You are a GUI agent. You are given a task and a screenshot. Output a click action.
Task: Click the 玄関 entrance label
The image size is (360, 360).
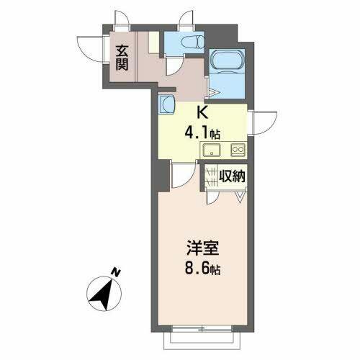coord(122,58)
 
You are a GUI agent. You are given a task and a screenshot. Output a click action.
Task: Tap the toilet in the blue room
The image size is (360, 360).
coord(192,42)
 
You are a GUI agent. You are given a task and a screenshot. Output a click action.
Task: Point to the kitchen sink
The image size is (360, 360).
coord(212,150)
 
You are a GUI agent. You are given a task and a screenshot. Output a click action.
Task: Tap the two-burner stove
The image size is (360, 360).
coord(238,150)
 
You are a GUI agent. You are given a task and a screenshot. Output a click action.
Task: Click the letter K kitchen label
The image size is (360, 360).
coord(202,113)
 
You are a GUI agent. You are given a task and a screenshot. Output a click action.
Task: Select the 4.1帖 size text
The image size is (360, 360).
coord(202,133)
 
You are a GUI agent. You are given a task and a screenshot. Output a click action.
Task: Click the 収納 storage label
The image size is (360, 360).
coord(232,176)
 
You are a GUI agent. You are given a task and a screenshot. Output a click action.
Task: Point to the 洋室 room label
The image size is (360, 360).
coord(203,248)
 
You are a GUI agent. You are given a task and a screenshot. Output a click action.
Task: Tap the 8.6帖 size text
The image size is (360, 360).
coord(203,269)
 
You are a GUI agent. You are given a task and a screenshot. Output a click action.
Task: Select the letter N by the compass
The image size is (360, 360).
coord(116,272)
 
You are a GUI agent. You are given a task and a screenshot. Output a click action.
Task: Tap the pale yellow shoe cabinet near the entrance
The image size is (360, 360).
coord(154,42)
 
